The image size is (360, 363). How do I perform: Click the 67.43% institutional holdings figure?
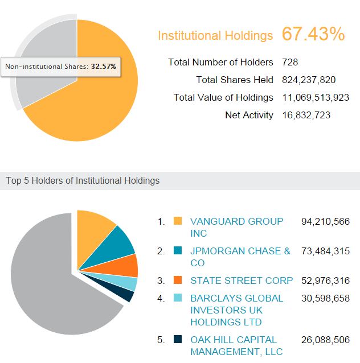pyautogui.click(x=313, y=34)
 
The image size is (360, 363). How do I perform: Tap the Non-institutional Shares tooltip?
pyautogui.click(x=60, y=67)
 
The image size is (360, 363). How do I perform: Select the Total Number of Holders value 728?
pyautogui.click(x=290, y=62)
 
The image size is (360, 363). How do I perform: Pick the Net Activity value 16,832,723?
pyautogui.click(x=306, y=115)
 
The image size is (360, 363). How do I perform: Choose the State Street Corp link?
pyautogui.click(x=242, y=280)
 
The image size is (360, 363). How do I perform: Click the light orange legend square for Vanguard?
pyautogui.click(x=178, y=221)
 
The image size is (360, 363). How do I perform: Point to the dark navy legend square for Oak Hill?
pyautogui.click(x=178, y=340)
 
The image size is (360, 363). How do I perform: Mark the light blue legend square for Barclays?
pyautogui.click(x=178, y=298)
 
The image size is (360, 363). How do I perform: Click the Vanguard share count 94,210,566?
pyautogui.click(x=325, y=221)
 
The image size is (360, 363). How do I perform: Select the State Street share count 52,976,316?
pyautogui.click(x=325, y=280)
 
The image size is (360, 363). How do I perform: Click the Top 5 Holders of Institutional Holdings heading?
pyautogui.click(x=83, y=181)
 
